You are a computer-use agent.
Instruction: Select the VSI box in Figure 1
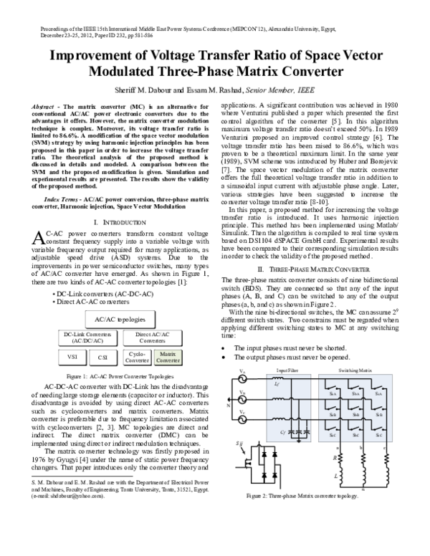tap(72, 356)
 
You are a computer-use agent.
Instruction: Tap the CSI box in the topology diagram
tap(103, 356)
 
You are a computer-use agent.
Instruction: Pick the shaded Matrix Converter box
tap(168, 356)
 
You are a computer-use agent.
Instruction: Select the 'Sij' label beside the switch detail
tap(238, 444)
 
